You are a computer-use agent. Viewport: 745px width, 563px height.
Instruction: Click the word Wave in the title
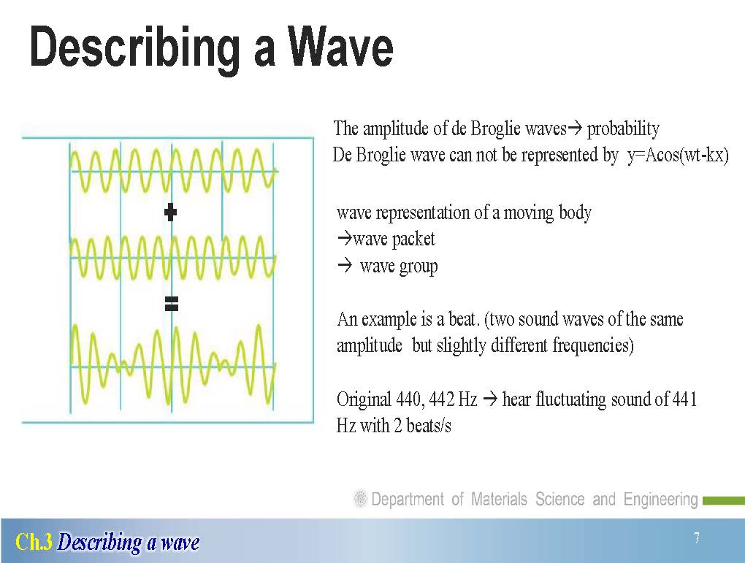(340, 47)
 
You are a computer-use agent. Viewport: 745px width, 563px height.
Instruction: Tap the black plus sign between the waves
(171, 212)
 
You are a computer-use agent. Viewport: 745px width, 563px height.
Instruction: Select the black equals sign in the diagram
(171, 303)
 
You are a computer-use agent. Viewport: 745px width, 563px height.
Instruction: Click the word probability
(623, 129)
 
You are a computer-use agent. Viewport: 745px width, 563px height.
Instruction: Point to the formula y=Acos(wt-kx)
(678, 156)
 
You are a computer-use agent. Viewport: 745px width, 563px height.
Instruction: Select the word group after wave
(419, 267)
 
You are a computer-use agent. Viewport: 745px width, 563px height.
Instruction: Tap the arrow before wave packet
(344, 238)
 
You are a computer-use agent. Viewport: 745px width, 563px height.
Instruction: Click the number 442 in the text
(442, 399)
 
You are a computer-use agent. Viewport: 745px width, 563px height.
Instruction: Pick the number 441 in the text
(684, 399)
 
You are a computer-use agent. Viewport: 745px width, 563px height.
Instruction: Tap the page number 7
(697, 538)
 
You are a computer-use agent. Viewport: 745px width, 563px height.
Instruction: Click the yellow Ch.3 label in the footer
(34, 542)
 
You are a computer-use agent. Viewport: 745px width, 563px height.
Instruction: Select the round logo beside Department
(360, 499)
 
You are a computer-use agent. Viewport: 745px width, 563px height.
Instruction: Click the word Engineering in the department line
(660, 499)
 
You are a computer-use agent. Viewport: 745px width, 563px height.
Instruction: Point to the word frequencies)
(593, 345)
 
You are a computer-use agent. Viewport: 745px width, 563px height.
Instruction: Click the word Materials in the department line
(499, 499)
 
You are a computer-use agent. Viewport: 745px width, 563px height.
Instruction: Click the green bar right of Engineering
(724, 501)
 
